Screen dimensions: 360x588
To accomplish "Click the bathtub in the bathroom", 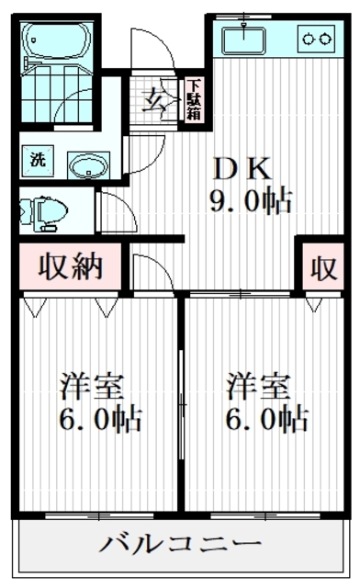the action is pos(56,42).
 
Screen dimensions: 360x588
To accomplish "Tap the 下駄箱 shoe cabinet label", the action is pos(194,98).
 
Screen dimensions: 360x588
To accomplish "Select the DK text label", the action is pos(241,168).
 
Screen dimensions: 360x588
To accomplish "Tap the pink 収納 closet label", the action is pos(69,269).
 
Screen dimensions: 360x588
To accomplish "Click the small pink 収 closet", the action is pos(322,269).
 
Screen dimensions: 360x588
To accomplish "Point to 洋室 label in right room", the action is pos(260,386).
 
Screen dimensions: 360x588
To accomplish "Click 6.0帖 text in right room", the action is pos(266,420).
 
